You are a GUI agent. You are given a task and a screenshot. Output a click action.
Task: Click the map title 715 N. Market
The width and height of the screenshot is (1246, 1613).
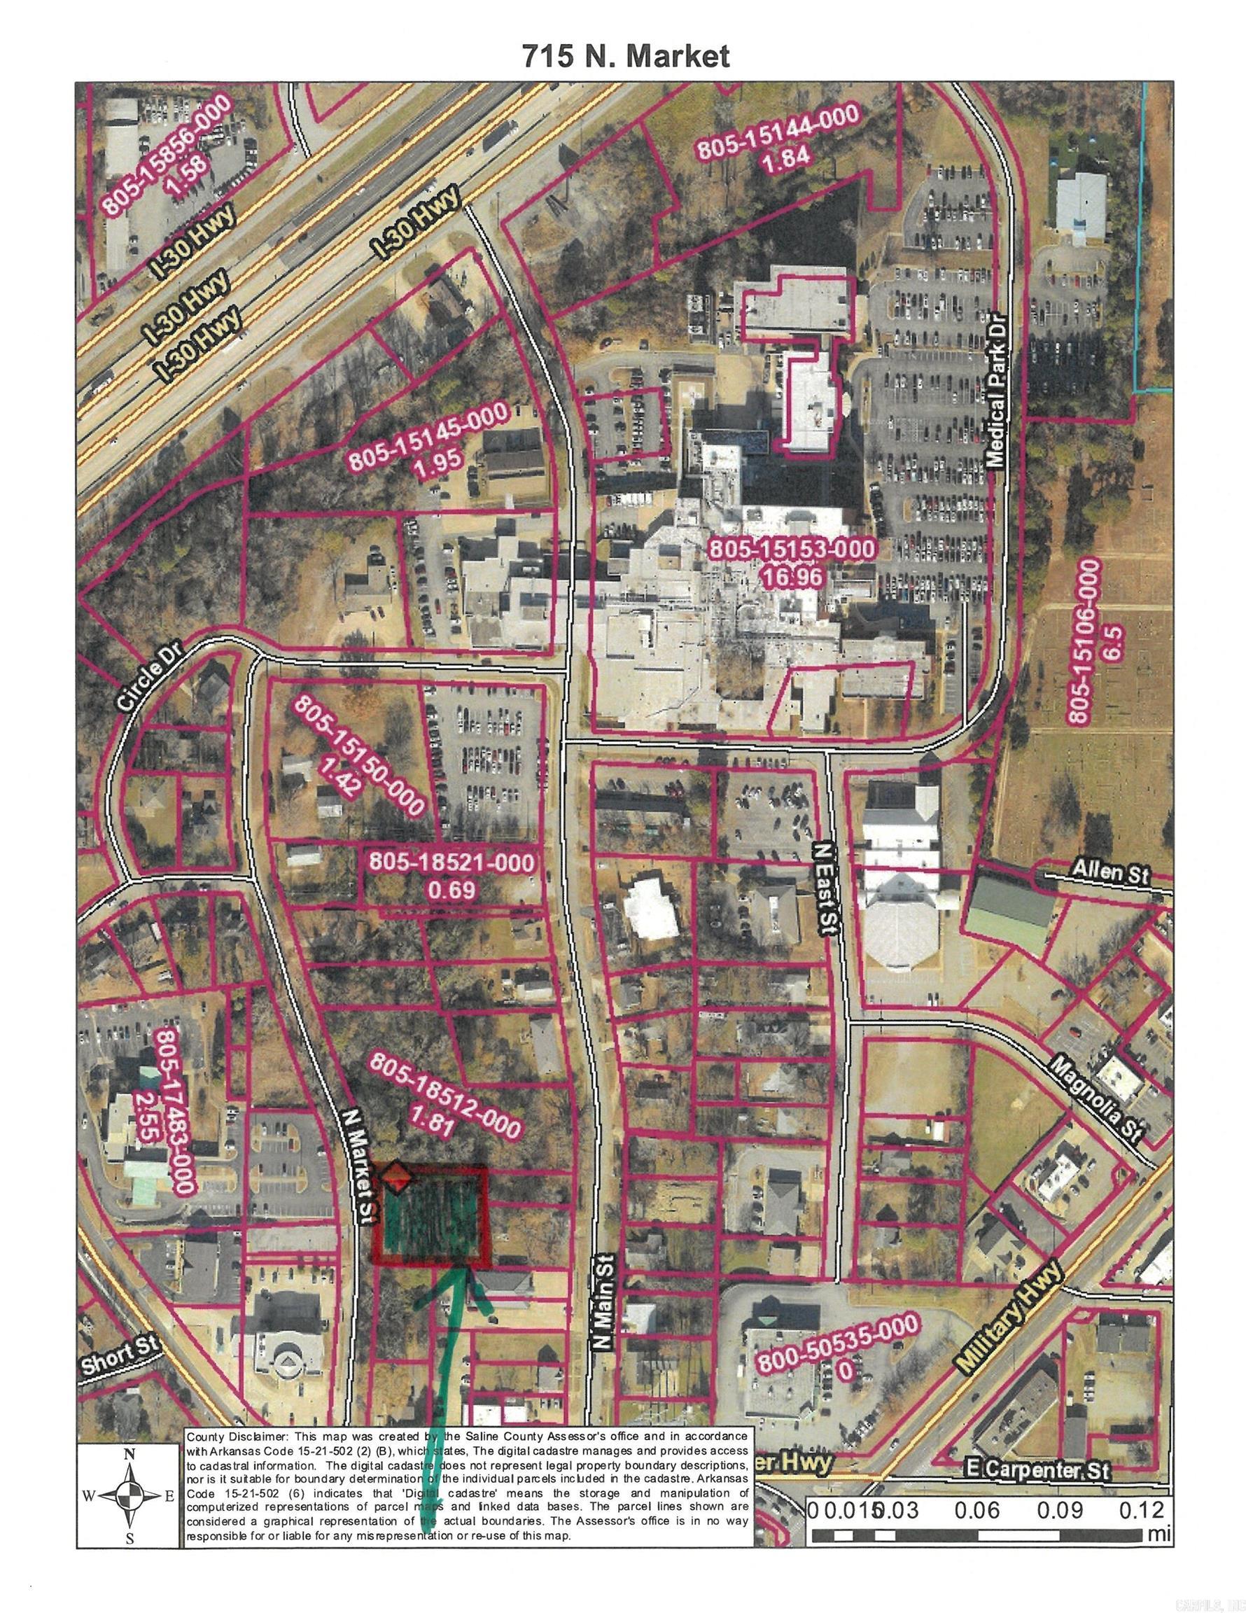click(626, 57)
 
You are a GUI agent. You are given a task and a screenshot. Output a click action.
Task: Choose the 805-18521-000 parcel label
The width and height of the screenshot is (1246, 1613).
click(451, 862)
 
